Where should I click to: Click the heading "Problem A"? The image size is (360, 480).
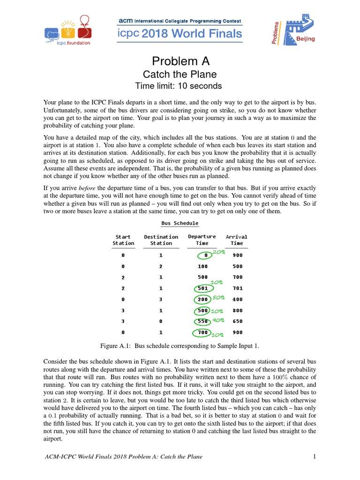pos(180,61)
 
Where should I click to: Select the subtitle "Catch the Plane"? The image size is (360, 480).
pos(180,74)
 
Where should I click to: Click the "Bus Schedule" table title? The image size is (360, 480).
pos(180,223)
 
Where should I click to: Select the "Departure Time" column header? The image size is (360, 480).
pos(202,240)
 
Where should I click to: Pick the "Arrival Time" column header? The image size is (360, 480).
pos(237,240)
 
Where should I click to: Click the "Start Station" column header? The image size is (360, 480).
pos(123,240)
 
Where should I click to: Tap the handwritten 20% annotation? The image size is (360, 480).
pos(219,252)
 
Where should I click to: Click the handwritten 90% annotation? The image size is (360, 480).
pos(218,320)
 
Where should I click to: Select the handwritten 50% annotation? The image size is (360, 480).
pos(219,297)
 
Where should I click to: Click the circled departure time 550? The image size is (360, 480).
pos(202,322)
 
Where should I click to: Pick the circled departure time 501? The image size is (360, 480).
pos(202,288)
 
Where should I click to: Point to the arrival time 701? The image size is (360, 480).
pos(238,288)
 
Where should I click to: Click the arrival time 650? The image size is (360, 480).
pos(238,322)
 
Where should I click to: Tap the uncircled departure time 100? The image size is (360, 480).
pos(202,266)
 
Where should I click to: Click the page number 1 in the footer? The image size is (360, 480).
pos(315,457)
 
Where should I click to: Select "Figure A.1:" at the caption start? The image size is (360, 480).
pos(116,346)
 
